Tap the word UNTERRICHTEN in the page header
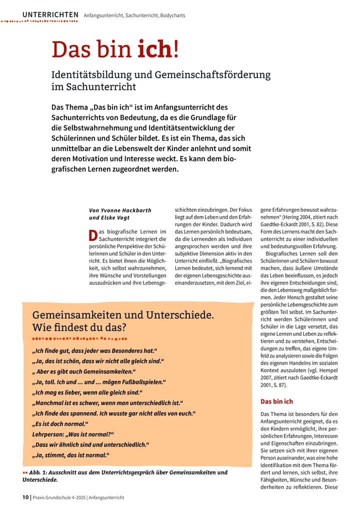point(50,15)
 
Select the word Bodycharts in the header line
point(172,16)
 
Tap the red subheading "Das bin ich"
point(277,401)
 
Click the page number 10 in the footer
point(25,497)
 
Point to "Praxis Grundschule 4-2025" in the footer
point(59,497)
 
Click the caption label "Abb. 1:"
point(38,472)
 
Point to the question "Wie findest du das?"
point(79,328)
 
